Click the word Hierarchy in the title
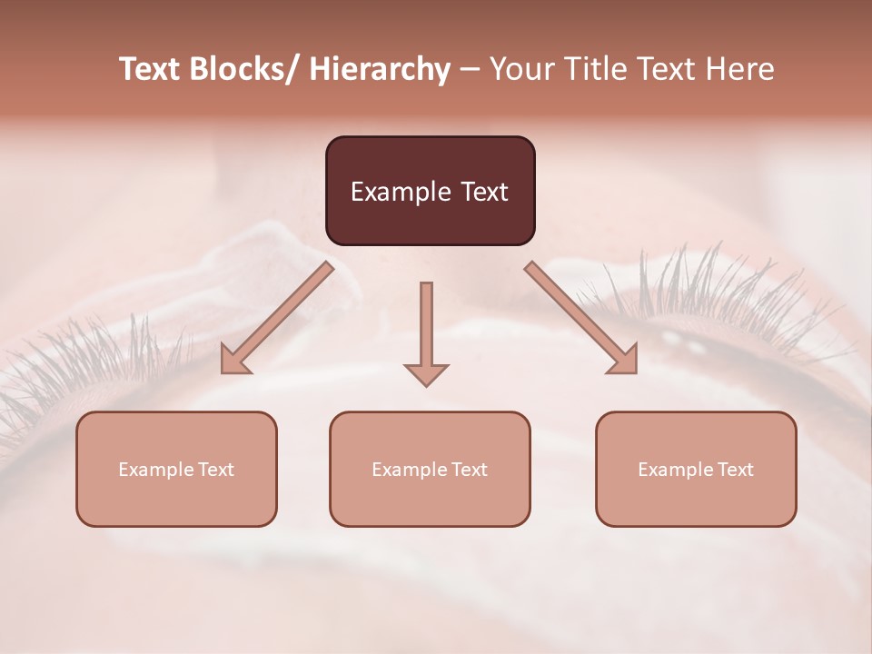tap(380, 70)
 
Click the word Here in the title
tap(741, 70)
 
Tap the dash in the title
tap(469, 70)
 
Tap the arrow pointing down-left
tap(278, 317)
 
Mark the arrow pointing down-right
tap(580, 317)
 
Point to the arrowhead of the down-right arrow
tap(626, 362)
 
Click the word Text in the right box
tap(735, 470)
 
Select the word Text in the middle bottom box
tap(469, 470)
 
